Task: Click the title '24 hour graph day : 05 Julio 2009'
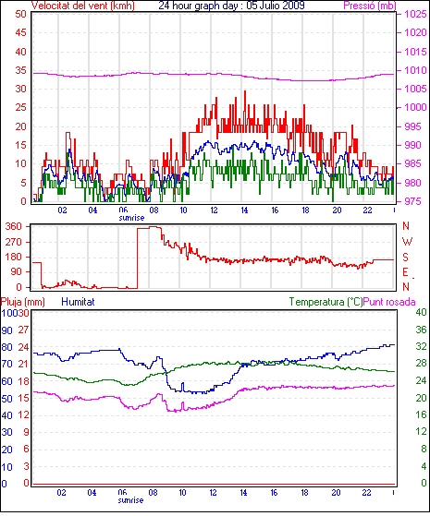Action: (231, 6)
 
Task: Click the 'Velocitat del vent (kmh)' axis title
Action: (83, 6)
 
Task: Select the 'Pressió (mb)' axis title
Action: (370, 6)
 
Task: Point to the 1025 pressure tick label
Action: (415, 14)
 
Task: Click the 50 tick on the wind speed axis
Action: (20, 14)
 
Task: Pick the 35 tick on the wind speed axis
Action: (20, 70)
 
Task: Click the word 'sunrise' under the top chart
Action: (131, 218)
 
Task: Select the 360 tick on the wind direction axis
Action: (14, 226)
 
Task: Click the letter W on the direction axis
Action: (407, 242)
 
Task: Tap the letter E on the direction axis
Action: (406, 271)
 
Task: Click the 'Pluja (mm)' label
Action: (23, 302)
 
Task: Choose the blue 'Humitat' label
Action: (79, 302)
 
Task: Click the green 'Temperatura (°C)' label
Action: (326, 302)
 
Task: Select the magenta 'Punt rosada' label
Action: (389, 302)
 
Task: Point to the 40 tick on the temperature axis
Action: (421, 312)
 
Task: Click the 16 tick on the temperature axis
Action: (421, 414)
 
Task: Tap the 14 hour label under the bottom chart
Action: (244, 493)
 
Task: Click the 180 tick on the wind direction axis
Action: (14, 257)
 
